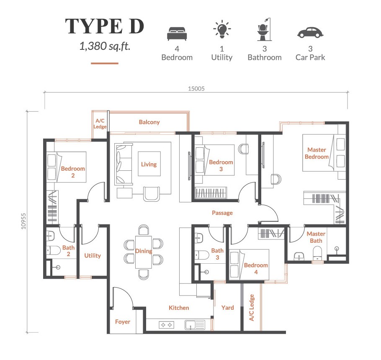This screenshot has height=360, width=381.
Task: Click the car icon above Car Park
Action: tap(310, 33)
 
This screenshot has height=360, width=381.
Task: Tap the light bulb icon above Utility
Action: tap(222, 29)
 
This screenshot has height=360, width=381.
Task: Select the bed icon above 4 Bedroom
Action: tap(177, 33)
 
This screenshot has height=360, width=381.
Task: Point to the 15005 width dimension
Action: tap(196, 89)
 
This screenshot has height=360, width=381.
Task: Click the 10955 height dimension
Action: tap(23, 221)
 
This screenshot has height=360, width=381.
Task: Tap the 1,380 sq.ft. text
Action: tap(105, 46)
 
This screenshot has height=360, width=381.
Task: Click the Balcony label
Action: tap(149, 122)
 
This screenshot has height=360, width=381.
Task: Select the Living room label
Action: tap(149, 165)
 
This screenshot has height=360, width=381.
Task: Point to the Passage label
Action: tap(222, 213)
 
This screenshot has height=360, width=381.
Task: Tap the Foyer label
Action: tap(123, 322)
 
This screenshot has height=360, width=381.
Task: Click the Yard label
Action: tap(228, 308)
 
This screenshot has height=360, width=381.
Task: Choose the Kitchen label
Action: tap(179, 308)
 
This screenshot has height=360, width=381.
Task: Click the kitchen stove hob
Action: tap(167, 325)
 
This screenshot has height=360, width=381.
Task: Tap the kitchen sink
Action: tap(195, 325)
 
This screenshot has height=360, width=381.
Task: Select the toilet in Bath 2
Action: tap(53, 250)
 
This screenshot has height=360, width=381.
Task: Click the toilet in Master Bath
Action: tap(317, 253)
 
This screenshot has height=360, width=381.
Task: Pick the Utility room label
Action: tap(93, 255)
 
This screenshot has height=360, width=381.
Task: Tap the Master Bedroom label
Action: tap(317, 153)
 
